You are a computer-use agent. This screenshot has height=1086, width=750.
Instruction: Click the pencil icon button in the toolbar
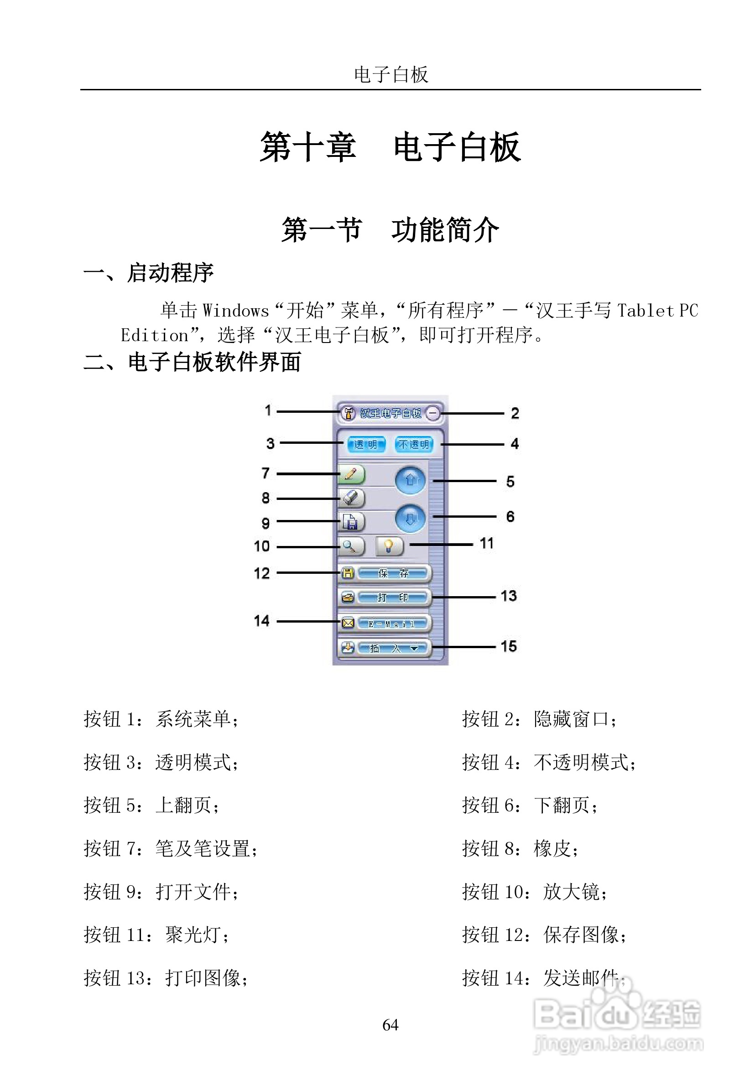(x=351, y=474)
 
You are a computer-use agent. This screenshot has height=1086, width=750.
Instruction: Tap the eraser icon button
(x=351, y=498)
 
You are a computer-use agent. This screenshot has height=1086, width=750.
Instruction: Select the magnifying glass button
(x=350, y=546)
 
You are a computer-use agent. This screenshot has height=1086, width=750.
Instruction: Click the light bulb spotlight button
(x=389, y=546)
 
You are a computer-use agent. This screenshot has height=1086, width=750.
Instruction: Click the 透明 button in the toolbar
(x=365, y=444)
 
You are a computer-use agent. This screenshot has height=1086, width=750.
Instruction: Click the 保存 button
(x=393, y=573)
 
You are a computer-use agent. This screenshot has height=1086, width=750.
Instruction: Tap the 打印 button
(x=393, y=598)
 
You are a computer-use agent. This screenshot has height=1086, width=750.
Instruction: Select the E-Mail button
(x=393, y=624)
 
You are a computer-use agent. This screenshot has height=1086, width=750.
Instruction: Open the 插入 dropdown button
(x=393, y=648)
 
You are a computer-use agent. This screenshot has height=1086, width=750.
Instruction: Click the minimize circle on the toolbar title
(x=433, y=413)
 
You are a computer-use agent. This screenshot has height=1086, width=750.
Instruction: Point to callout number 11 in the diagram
(x=486, y=544)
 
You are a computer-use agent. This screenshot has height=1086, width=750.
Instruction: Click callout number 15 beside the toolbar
(x=509, y=646)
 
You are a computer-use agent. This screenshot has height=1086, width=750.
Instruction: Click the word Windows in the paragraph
(x=236, y=311)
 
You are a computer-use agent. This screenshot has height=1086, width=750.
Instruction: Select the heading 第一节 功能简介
(x=390, y=230)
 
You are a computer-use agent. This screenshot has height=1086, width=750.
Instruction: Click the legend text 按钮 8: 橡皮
(x=520, y=849)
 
